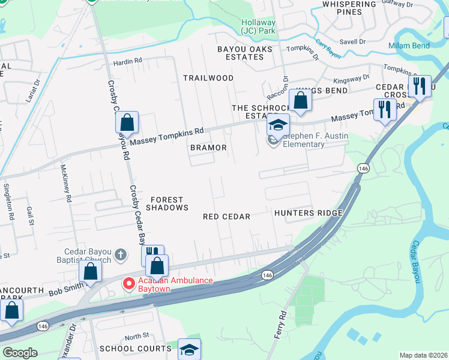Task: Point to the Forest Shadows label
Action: [169, 203]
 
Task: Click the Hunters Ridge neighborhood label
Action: [308, 213]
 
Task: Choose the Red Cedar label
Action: [226, 217]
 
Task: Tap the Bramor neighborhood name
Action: [208, 148]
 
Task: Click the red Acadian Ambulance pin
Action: [128, 283]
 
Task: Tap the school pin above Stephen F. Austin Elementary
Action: [279, 125]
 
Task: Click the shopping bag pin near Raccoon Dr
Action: [301, 100]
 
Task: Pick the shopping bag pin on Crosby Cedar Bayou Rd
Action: [127, 123]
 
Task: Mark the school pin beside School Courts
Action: [189, 349]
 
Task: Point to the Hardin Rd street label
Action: [127, 61]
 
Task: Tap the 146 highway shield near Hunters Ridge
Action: [363, 169]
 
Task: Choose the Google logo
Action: [20, 353]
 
